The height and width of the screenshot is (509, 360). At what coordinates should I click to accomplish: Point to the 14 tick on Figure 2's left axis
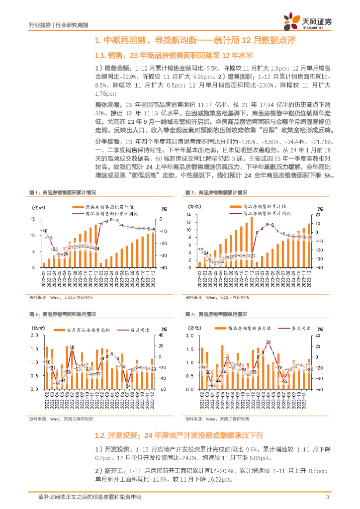click(189, 214)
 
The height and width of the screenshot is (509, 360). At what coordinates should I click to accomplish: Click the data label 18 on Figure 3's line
click(72, 347)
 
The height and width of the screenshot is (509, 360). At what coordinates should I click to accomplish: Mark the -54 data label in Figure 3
click(128, 386)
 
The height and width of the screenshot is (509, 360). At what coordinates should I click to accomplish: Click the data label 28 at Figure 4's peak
click(269, 342)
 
